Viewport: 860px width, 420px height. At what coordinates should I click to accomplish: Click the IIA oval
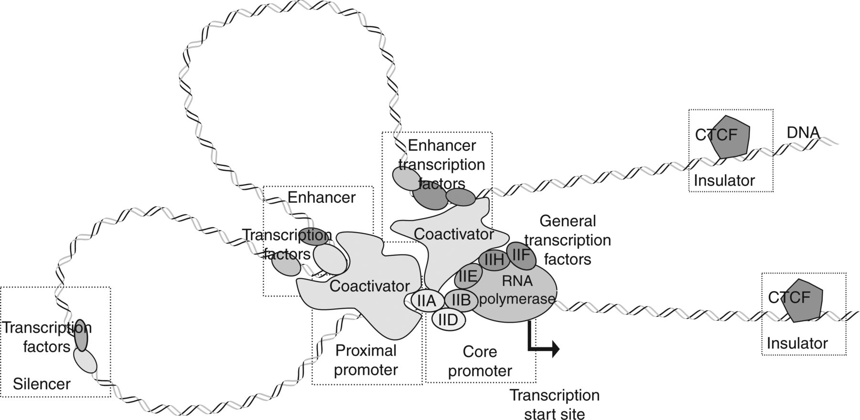(426, 301)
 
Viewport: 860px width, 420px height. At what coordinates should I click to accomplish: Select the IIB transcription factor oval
(461, 300)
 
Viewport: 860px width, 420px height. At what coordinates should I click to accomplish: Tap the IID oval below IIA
(448, 319)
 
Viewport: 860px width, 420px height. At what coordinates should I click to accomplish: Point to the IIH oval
(494, 260)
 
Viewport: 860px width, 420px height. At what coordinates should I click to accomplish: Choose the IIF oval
(521, 255)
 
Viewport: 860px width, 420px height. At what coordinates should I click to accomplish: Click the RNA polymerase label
(517, 290)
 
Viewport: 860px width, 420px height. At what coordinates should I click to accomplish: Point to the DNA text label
(803, 133)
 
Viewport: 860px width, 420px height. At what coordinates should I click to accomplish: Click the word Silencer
(42, 384)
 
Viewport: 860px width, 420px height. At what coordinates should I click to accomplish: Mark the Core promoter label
(480, 361)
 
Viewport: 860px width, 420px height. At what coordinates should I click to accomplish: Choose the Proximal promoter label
(366, 360)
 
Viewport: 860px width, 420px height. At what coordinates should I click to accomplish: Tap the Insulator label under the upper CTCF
(724, 180)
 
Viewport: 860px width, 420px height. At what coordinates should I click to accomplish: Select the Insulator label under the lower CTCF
(797, 343)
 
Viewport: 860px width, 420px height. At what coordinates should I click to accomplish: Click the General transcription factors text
(568, 240)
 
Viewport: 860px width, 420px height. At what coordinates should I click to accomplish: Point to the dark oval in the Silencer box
(82, 335)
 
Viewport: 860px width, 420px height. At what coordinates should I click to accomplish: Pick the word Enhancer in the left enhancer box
(322, 197)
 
